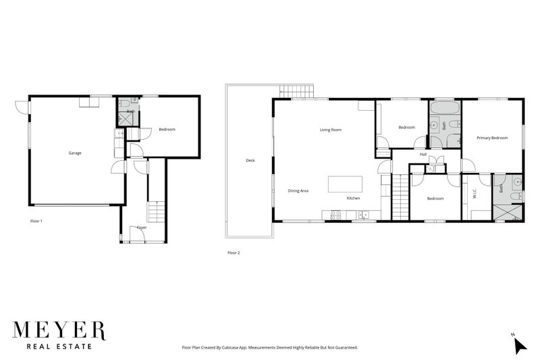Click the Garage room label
click(x=74, y=153)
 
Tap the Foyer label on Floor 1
click(x=142, y=228)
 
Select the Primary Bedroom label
click(x=491, y=138)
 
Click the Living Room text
click(x=331, y=130)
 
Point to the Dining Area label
click(x=298, y=191)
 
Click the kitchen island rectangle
click(x=345, y=184)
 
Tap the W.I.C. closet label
click(x=475, y=191)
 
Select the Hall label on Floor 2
click(x=423, y=155)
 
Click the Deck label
click(x=250, y=161)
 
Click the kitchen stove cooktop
click(x=333, y=215)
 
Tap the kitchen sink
click(x=364, y=215)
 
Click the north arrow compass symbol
click(x=519, y=344)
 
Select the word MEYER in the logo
click(x=59, y=331)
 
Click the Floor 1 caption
click(x=36, y=221)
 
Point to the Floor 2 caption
click(x=234, y=253)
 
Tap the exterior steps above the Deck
click(x=297, y=92)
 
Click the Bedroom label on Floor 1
click(x=167, y=129)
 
